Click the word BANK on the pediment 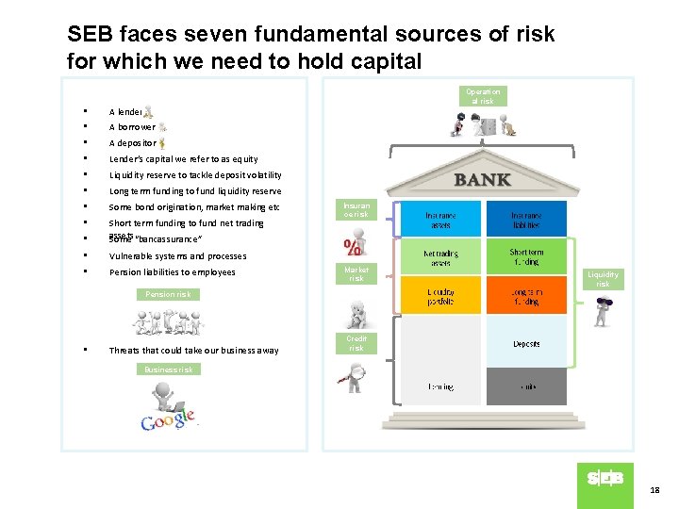pyautogui.click(x=482, y=180)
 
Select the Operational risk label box pyautogui.click(x=482, y=96)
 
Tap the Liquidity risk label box pyautogui.click(x=603, y=278)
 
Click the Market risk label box pyautogui.click(x=356, y=273)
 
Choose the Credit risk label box pyautogui.click(x=356, y=343)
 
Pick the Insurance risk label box pyautogui.click(x=356, y=209)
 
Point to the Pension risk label pyautogui.click(x=169, y=294)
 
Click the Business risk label pyautogui.click(x=169, y=369)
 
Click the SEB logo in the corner pyautogui.click(x=605, y=479)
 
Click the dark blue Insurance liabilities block pyautogui.click(x=526, y=219)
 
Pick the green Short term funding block pyautogui.click(x=526, y=256)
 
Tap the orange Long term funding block pyautogui.click(x=526, y=296)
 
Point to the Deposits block pyautogui.click(x=526, y=343)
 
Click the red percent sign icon pyautogui.click(x=352, y=247)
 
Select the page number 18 pyautogui.click(x=654, y=491)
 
